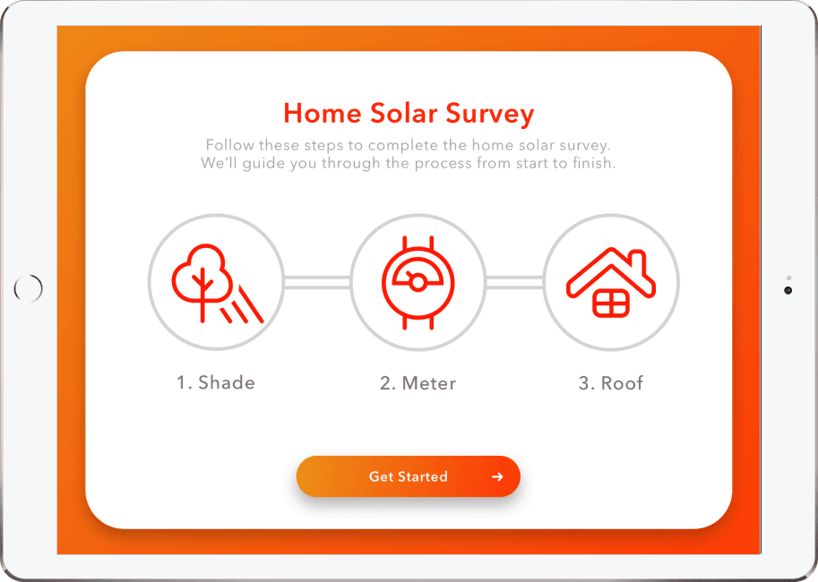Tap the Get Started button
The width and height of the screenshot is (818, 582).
tap(408, 476)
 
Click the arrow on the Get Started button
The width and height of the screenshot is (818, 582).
tap(497, 477)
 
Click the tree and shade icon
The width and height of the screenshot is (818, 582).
tap(215, 281)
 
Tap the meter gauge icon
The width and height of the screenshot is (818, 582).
tap(418, 281)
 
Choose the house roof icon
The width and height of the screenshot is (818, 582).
tap(611, 281)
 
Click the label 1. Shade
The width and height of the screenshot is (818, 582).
tap(215, 382)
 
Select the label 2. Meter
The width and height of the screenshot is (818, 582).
tap(418, 383)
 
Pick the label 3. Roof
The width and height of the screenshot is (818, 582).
tap(611, 383)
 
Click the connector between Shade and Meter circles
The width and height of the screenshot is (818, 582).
tap(316, 282)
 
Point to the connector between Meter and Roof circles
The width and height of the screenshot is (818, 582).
tap(514, 282)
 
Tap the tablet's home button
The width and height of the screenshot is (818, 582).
tap(29, 288)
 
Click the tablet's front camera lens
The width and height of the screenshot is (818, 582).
tap(788, 290)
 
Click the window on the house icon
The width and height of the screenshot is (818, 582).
tap(611, 303)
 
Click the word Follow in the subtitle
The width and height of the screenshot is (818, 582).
tap(228, 145)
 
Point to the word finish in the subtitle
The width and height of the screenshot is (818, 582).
tap(592, 164)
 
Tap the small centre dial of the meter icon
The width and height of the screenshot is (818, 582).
tap(418, 282)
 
